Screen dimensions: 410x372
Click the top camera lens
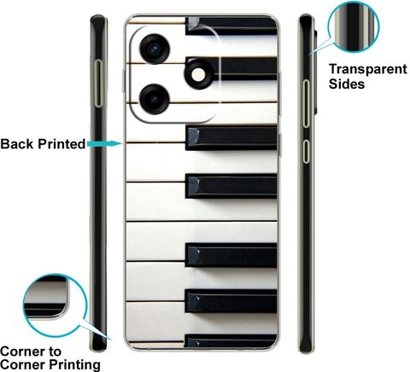155,49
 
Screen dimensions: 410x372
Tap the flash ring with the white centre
198,74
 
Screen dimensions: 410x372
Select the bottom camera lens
155,99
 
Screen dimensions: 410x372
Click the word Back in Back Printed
17,144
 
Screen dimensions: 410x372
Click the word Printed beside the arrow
61,144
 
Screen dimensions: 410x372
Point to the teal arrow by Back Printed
104,143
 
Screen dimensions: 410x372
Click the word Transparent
368,70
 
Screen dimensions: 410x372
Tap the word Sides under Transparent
347,84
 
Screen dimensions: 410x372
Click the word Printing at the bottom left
75,364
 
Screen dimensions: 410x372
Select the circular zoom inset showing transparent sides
354,26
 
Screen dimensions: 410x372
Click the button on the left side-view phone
98,84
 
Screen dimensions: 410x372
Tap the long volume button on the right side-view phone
306,103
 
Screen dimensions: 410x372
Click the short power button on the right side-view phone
306,151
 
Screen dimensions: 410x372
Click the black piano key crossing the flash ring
231,69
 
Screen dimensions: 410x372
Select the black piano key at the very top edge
231,26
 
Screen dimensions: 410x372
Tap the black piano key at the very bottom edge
231,340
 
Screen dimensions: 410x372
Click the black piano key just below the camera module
231,138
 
